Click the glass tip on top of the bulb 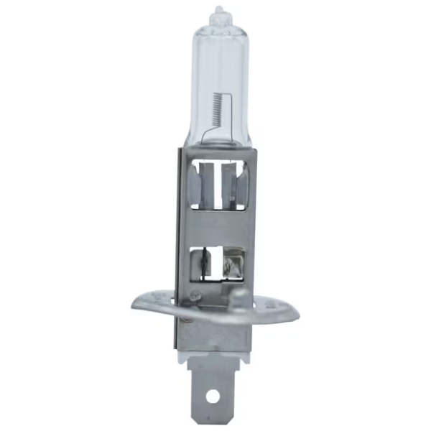click(x=218, y=14)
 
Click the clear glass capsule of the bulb click(x=217, y=72)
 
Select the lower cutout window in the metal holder click(x=217, y=261)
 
